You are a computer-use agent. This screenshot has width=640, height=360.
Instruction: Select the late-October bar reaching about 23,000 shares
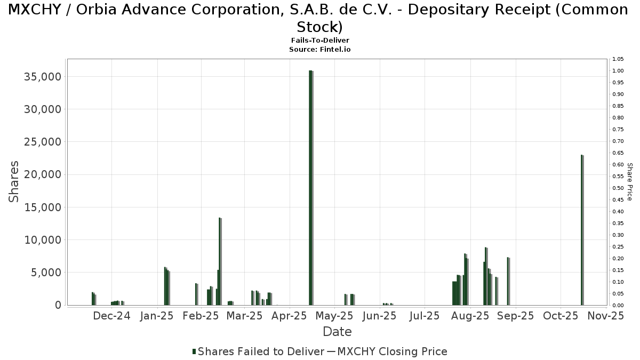tap(582, 229)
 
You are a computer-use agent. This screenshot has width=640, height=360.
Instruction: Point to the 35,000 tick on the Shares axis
tap(43, 77)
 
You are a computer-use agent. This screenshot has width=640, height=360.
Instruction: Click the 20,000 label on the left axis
tap(43, 175)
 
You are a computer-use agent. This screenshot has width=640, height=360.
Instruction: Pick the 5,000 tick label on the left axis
tap(46, 273)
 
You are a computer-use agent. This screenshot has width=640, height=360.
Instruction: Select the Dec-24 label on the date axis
tap(111, 316)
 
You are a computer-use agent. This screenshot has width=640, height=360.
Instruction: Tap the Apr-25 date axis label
tap(292, 316)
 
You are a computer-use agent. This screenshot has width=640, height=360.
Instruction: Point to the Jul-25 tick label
tap(425, 316)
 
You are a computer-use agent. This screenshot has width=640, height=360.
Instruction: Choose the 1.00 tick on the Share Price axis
tap(618, 71)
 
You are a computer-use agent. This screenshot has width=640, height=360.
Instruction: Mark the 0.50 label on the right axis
tap(618, 188)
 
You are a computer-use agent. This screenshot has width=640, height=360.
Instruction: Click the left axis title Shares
tap(14, 181)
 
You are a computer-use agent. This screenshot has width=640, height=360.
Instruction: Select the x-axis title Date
tap(337, 332)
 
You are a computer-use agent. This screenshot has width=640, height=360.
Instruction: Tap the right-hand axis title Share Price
tap(629, 182)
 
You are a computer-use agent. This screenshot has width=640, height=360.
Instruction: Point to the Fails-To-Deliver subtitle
tap(320, 41)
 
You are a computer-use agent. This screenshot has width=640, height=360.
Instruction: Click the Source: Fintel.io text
tap(320, 49)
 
